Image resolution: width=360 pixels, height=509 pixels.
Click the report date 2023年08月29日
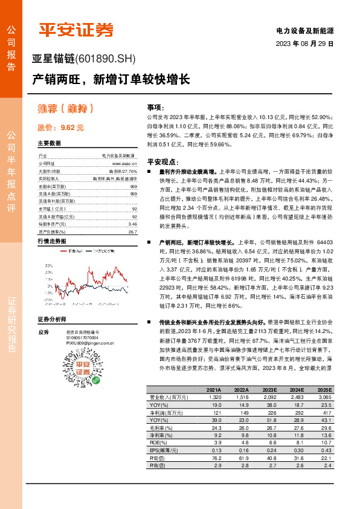click(x=304, y=44)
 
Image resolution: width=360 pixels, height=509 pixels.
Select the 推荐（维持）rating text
click(x=66, y=109)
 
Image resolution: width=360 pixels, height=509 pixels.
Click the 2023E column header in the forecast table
click(x=269, y=391)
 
